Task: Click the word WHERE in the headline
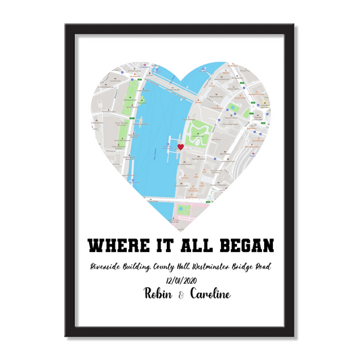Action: (117, 243)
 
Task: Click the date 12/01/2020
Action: (180, 280)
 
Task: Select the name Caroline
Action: (209, 294)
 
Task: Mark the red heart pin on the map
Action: (180, 147)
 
